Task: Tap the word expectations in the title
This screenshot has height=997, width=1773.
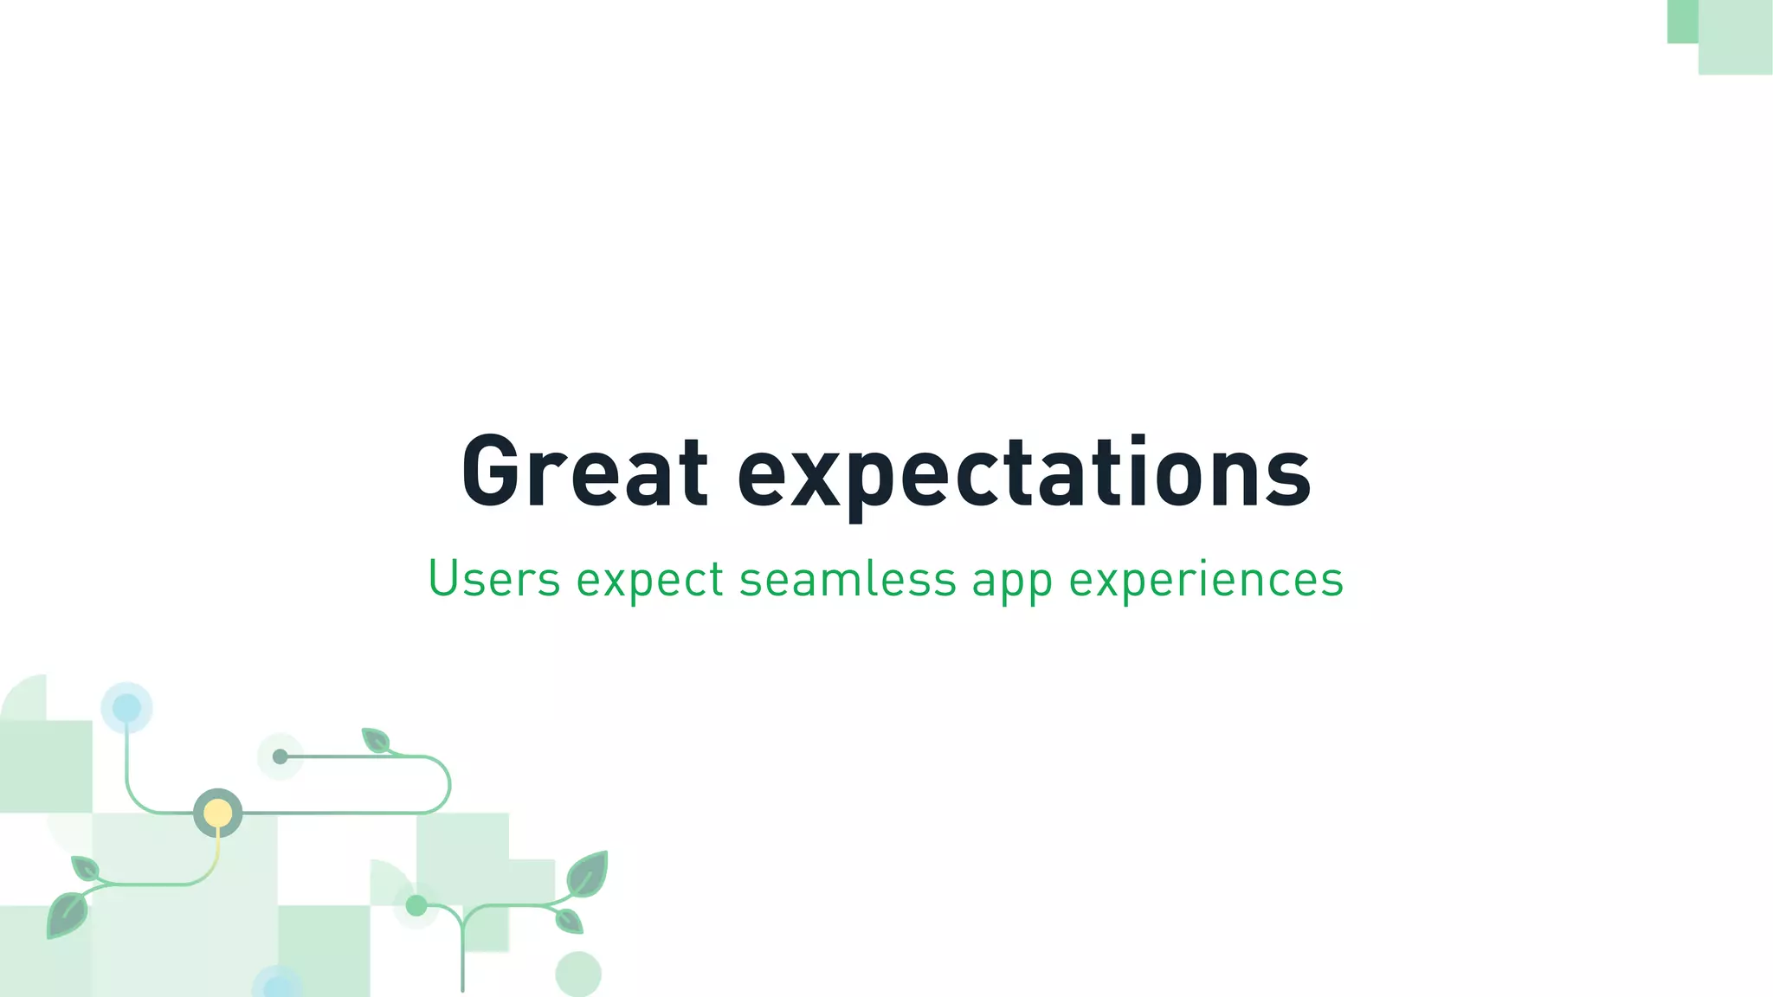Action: (x=1024, y=474)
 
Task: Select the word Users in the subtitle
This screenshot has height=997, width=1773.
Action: (x=494, y=578)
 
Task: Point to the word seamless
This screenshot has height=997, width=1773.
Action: (x=848, y=578)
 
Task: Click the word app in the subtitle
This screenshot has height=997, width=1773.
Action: (x=1012, y=582)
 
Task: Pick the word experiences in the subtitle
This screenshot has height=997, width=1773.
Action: (x=1206, y=580)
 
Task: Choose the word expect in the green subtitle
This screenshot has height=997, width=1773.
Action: (x=649, y=580)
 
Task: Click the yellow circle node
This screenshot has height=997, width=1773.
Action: (x=217, y=814)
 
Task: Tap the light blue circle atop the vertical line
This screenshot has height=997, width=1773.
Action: (x=126, y=707)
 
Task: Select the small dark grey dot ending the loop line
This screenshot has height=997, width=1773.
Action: (x=280, y=756)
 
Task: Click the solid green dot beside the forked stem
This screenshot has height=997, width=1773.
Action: (x=416, y=905)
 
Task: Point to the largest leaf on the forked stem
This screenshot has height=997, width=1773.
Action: (x=588, y=873)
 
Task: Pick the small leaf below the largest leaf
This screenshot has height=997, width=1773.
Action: (x=569, y=921)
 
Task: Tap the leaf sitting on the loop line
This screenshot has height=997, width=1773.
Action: (x=376, y=741)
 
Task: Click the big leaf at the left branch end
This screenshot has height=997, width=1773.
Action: (x=67, y=916)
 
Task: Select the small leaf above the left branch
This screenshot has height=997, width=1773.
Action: (x=85, y=868)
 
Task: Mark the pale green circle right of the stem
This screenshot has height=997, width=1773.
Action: (x=577, y=974)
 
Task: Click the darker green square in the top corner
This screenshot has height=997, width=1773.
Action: (x=1682, y=21)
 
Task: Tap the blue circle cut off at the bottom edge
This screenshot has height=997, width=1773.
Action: (x=278, y=985)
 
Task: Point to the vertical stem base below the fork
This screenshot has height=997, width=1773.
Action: (x=462, y=961)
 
